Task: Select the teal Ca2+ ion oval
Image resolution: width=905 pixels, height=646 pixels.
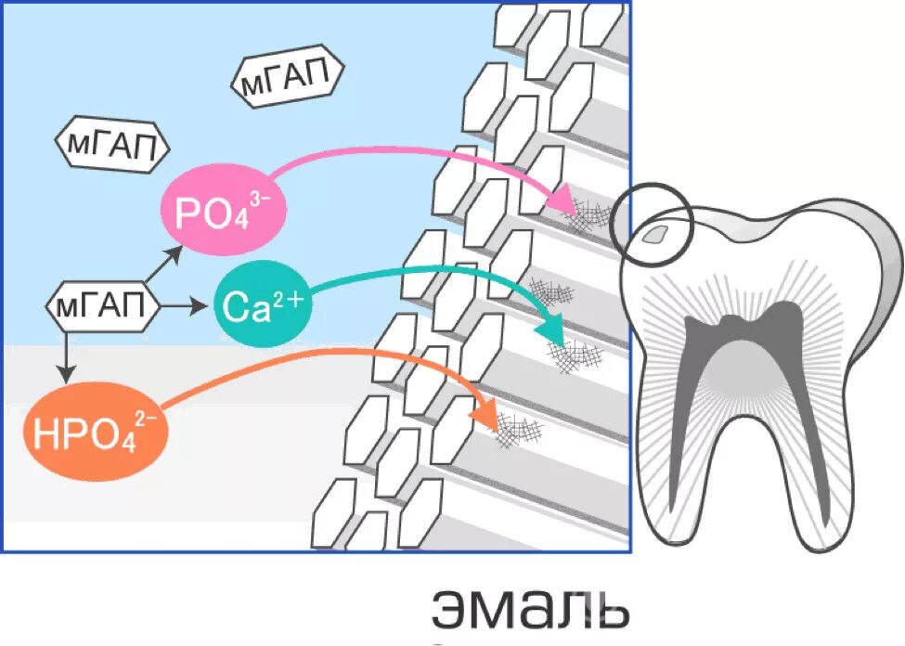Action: click(263, 306)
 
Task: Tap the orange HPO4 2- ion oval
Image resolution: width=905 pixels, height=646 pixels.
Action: click(96, 433)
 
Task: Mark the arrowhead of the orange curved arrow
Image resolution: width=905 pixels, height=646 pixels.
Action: click(485, 415)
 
